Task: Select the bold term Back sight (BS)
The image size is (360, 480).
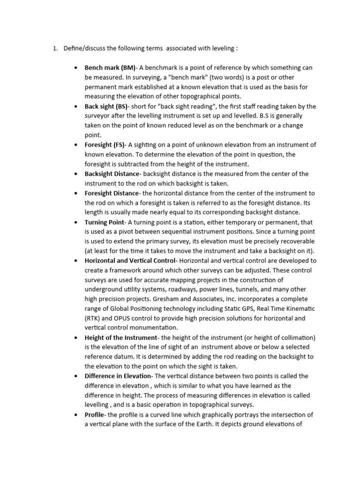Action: coord(106,106)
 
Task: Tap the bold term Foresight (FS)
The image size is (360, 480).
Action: coord(104,145)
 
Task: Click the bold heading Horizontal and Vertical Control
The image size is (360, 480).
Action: coord(130,261)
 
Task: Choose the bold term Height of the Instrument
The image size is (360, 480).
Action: coord(120,337)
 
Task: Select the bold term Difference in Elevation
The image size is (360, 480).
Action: coord(118,376)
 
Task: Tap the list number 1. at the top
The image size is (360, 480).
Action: coord(54,48)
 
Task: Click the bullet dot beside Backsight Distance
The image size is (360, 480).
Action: coord(75,174)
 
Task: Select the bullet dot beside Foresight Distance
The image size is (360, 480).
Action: coord(75,193)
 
